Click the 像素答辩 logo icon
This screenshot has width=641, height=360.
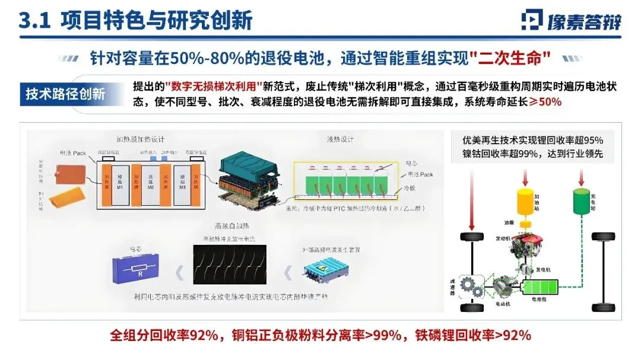click(x=532, y=20)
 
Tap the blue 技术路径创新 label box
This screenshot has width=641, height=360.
click(x=65, y=94)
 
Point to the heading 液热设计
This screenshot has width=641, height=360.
click(x=341, y=140)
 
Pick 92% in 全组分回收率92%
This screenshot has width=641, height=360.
click(x=203, y=335)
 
